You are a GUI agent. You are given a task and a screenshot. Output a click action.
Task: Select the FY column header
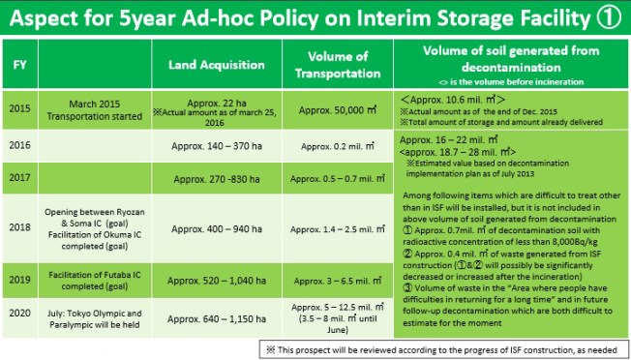pyautogui.click(x=18, y=65)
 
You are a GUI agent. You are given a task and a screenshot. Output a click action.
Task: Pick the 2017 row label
pyautogui.click(x=18, y=178)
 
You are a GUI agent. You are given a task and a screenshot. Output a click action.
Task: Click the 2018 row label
pyautogui.click(x=18, y=222)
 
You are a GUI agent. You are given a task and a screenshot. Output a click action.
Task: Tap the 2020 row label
pyautogui.click(x=18, y=315)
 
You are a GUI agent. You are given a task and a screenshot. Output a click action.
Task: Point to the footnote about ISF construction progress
pyautogui.click(x=445, y=347)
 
